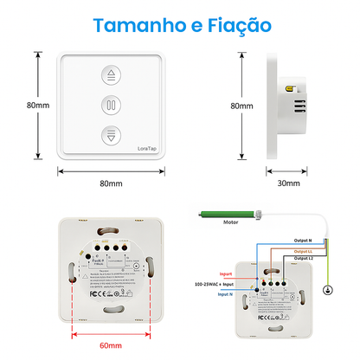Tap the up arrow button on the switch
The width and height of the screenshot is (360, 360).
(x=110, y=76)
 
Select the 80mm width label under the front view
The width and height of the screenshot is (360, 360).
(x=110, y=183)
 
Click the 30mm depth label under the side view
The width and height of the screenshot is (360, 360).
(x=289, y=183)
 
